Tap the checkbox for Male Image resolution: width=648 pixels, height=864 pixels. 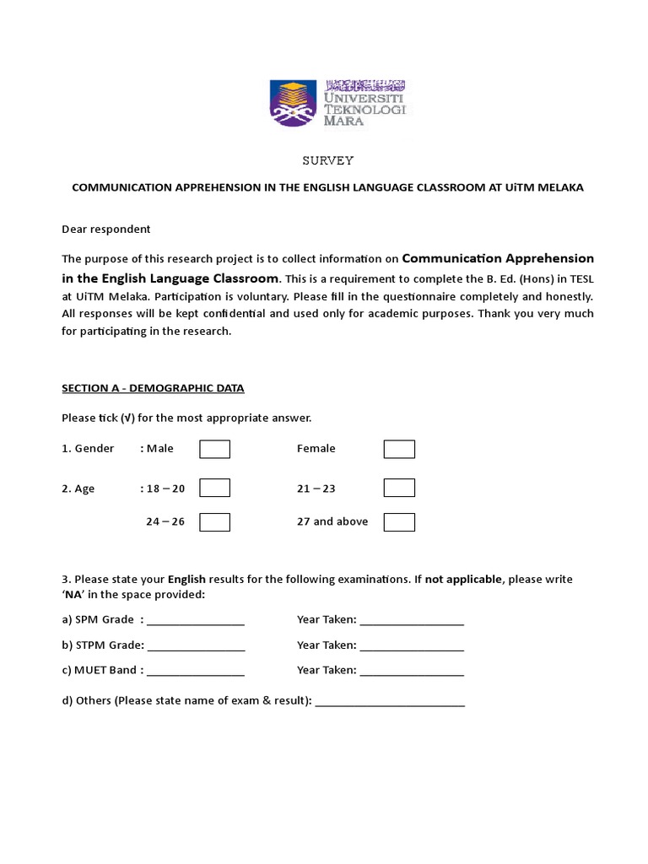pyautogui.click(x=214, y=449)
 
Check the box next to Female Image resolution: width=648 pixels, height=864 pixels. pyautogui.click(x=399, y=449)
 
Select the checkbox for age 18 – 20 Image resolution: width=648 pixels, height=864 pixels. pyautogui.click(x=214, y=489)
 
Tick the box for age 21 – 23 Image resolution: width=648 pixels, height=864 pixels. pyautogui.click(x=399, y=489)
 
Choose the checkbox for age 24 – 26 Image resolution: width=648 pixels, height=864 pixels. pyautogui.click(x=214, y=522)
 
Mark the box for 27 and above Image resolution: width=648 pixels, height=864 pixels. pyautogui.click(x=399, y=522)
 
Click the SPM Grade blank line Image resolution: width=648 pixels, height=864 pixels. pyautogui.click(x=196, y=621)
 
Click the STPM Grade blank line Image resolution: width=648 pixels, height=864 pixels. pyautogui.click(x=196, y=646)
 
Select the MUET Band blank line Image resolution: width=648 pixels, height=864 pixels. pyautogui.click(x=196, y=672)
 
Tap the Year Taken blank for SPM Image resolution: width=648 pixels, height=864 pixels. pyautogui.click(x=412, y=621)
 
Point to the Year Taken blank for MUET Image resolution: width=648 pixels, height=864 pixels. pyautogui.click(x=412, y=672)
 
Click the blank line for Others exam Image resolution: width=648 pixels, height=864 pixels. pyautogui.click(x=390, y=702)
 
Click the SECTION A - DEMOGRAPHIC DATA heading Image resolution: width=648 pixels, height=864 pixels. pyautogui.click(x=153, y=388)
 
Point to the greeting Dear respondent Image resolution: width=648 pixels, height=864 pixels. pyautogui.click(x=106, y=229)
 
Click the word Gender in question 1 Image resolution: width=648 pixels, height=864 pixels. pyautogui.click(x=94, y=449)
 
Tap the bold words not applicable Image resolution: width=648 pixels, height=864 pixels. pyautogui.click(x=463, y=580)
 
